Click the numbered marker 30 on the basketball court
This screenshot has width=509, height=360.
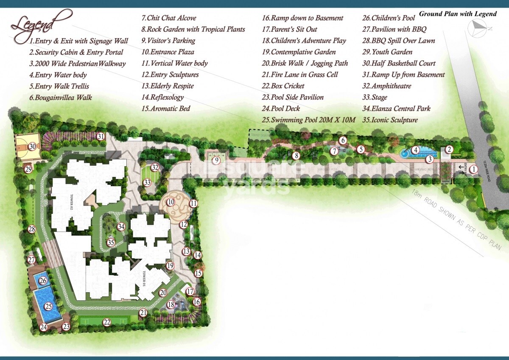pos(32,147)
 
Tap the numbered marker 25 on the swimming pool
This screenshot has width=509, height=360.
pos(48,306)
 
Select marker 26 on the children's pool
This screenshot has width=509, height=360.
pos(43,280)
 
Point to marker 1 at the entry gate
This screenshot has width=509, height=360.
pos(474,169)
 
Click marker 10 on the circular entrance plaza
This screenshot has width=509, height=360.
pos(171,202)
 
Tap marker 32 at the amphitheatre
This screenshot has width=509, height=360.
pos(155,167)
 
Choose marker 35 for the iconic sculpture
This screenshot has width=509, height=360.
pos(111,243)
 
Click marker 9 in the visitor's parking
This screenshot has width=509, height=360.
pos(216,160)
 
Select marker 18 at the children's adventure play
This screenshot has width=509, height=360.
pos(171,304)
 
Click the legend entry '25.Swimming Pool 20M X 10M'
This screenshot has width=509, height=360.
pos(308,120)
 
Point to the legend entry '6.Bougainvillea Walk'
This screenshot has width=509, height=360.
pos(61,98)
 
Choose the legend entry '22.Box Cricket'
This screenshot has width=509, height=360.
pos(283,86)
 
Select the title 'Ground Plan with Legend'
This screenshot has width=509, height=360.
pos(458,14)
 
